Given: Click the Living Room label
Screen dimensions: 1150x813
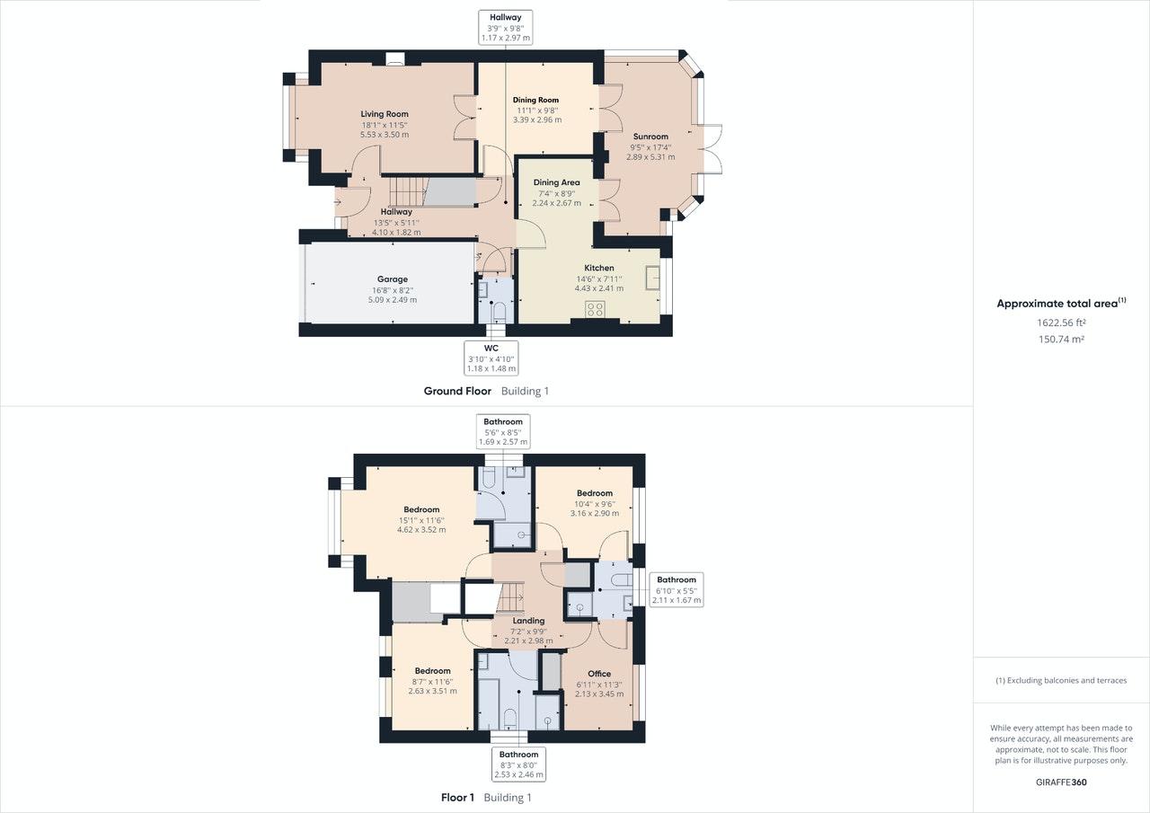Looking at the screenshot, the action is click(385, 114).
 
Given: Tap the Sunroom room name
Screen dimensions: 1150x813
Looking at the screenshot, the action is click(650, 137).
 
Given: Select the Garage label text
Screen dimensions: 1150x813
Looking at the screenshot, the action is click(393, 279).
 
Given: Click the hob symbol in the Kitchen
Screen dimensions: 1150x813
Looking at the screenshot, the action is click(595, 309).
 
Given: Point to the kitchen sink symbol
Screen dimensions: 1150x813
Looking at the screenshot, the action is click(652, 278).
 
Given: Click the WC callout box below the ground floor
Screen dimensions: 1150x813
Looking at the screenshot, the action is click(491, 358).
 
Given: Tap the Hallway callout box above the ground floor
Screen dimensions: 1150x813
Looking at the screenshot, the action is click(506, 27).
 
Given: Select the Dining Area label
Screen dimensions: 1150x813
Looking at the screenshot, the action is click(556, 182).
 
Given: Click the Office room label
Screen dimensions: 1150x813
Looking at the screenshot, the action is click(599, 674).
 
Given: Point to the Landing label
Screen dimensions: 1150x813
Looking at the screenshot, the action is click(528, 621).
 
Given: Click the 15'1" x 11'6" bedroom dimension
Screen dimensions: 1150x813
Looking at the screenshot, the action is click(421, 520).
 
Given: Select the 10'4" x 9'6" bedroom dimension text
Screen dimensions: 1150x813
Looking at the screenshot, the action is click(595, 503).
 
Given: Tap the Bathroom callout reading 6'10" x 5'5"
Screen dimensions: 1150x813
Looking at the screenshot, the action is click(677, 589).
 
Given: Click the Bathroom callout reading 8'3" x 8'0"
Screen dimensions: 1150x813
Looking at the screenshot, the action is click(519, 764).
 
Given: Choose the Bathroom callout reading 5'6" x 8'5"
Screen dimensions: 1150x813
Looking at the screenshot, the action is click(503, 431).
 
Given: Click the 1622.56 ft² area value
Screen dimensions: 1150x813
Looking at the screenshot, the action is click(1061, 323).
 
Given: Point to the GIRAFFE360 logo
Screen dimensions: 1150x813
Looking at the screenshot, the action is click(1061, 782).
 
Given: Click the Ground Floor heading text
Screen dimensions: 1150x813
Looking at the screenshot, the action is click(457, 391).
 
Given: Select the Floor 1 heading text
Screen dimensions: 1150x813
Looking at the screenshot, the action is click(457, 797).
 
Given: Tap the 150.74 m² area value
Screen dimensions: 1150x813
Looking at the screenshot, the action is click(1061, 339).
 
